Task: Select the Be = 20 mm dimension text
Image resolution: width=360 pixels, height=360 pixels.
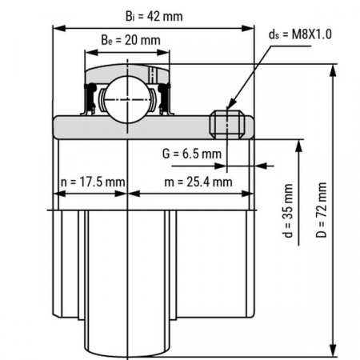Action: (126, 40)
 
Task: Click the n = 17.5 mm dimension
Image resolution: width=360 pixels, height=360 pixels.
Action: (92, 182)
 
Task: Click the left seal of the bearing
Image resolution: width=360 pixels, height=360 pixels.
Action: (91, 98)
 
